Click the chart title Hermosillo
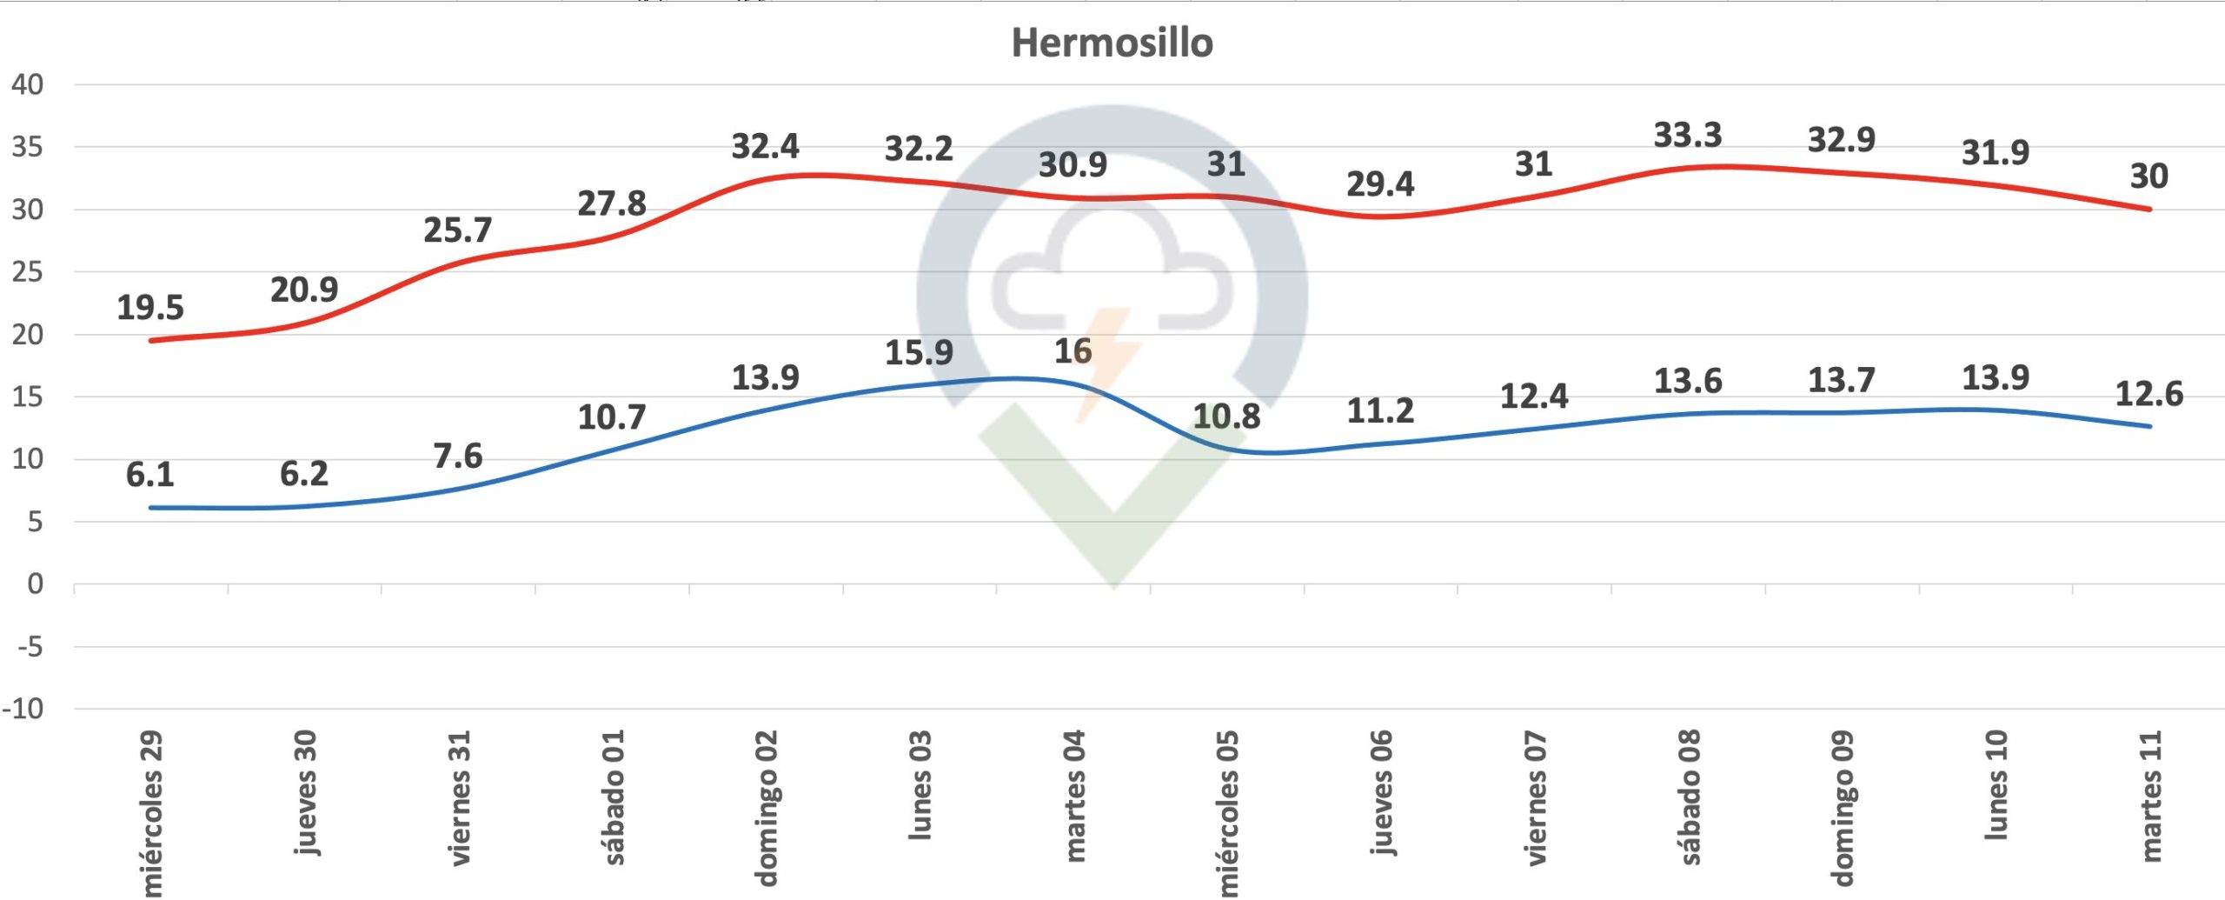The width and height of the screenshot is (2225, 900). (x=1112, y=43)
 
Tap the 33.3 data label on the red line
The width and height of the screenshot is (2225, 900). (x=1687, y=136)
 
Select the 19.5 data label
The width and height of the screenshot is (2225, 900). (x=150, y=308)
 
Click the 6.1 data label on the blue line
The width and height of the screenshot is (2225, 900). (x=150, y=475)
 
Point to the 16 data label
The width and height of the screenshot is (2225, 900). (x=1073, y=351)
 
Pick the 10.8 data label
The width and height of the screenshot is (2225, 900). (x=1225, y=417)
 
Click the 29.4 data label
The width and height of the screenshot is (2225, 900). (x=1380, y=184)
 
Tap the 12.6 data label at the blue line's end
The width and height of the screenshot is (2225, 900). (x=2149, y=395)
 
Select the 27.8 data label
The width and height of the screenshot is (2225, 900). (x=612, y=204)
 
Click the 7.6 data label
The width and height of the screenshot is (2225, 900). (x=458, y=457)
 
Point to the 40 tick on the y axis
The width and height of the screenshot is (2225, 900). (x=27, y=85)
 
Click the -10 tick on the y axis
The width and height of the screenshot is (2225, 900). (x=23, y=710)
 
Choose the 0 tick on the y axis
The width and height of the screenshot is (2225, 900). (x=35, y=584)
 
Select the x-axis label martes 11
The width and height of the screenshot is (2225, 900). (x=2149, y=797)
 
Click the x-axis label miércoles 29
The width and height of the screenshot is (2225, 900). (x=151, y=813)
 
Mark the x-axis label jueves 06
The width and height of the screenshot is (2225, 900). (x=1381, y=793)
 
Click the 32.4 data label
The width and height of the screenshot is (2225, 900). (x=765, y=147)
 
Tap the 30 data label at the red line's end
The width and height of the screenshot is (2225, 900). (x=2149, y=177)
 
